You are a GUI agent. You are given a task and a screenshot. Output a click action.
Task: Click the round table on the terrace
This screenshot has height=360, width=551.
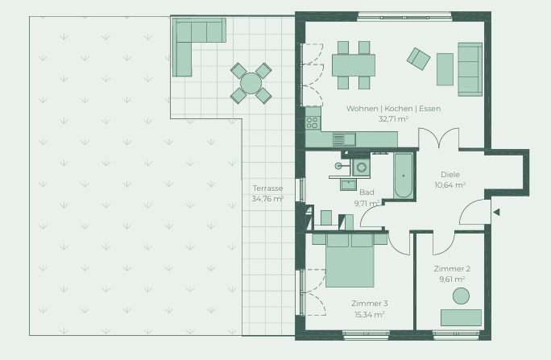(x=251, y=83)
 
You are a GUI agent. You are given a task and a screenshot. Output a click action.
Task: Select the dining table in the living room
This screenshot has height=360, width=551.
(x=354, y=65)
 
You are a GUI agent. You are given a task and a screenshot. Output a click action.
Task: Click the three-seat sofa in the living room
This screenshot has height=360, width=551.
(x=470, y=69)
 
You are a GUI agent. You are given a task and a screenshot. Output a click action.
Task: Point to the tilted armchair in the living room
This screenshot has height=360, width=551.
(x=419, y=59)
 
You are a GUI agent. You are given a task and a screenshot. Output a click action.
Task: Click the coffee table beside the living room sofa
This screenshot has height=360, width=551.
(x=445, y=69)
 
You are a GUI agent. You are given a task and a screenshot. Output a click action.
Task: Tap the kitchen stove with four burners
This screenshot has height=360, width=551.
(x=313, y=122)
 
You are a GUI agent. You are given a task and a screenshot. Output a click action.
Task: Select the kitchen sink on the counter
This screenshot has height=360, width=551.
(x=345, y=139)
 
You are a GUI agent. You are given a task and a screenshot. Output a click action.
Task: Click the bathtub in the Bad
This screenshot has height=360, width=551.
(x=403, y=176)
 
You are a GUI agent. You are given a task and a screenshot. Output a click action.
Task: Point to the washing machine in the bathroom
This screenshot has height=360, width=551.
(x=361, y=168)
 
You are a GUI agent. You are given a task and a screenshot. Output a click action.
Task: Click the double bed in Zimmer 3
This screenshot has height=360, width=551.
(x=350, y=260)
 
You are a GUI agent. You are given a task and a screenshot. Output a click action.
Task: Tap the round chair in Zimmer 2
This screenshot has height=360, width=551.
(x=461, y=296)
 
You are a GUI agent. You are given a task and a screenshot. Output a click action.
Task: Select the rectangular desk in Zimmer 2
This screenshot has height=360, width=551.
(x=461, y=317)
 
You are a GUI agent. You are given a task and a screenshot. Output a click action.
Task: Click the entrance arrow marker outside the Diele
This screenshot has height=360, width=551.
(x=496, y=212)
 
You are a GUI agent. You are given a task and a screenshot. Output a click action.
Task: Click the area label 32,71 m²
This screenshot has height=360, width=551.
(x=393, y=119)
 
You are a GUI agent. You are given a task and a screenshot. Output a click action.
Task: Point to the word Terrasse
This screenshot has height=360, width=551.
(x=267, y=188)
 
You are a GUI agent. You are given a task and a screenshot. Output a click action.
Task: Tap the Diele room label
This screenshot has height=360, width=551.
(x=450, y=175)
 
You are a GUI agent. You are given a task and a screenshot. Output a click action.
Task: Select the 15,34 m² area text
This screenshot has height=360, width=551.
(x=369, y=314)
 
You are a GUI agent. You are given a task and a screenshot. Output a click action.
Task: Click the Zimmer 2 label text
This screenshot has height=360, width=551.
(x=452, y=269)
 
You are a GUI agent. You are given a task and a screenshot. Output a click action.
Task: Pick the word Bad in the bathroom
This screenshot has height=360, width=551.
(x=367, y=192)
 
